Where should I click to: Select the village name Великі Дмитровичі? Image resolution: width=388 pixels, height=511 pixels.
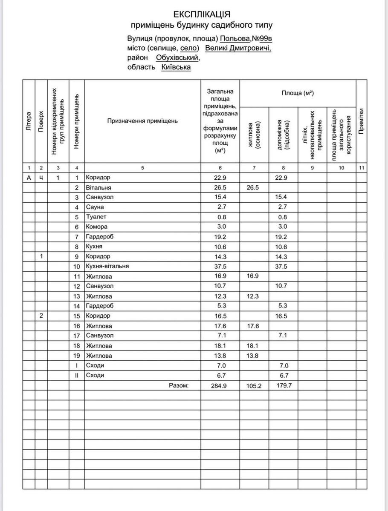(x=238, y=48)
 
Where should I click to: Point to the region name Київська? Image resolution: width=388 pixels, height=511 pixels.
(x=176, y=67)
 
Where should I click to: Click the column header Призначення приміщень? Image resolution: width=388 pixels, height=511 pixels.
(x=142, y=121)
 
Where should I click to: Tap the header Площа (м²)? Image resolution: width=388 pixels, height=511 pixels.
(x=298, y=93)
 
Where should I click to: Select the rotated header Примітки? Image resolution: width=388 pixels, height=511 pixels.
(x=361, y=121)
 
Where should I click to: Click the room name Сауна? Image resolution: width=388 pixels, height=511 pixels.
(x=95, y=207)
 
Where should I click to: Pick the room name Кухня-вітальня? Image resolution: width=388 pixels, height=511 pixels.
(x=107, y=267)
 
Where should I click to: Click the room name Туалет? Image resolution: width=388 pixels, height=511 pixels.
(x=95, y=217)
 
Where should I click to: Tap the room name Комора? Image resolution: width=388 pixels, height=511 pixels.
(x=96, y=227)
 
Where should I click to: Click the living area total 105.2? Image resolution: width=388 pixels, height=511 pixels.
(x=254, y=386)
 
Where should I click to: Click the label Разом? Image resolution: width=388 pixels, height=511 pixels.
(x=179, y=385)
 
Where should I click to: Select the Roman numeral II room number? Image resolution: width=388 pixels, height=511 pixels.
(x=77, y=376)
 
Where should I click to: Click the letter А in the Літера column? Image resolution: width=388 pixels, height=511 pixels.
(x=29, y=178)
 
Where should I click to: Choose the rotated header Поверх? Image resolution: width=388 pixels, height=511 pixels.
(x=41, y=121)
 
